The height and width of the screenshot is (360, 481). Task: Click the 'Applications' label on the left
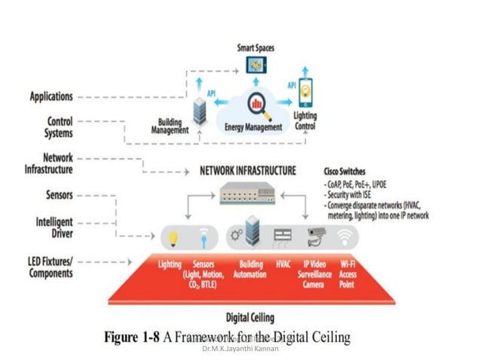[51, 96]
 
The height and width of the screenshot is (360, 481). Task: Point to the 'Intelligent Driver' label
[54, 227]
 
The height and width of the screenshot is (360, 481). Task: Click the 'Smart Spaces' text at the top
[256, 47]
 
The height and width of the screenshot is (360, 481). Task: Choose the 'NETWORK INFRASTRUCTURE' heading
[247, 171]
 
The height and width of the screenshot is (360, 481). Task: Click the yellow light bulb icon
[173, 238]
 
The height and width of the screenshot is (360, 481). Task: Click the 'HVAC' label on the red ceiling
[278, 264]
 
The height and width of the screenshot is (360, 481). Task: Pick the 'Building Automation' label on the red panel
[247, 269]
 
